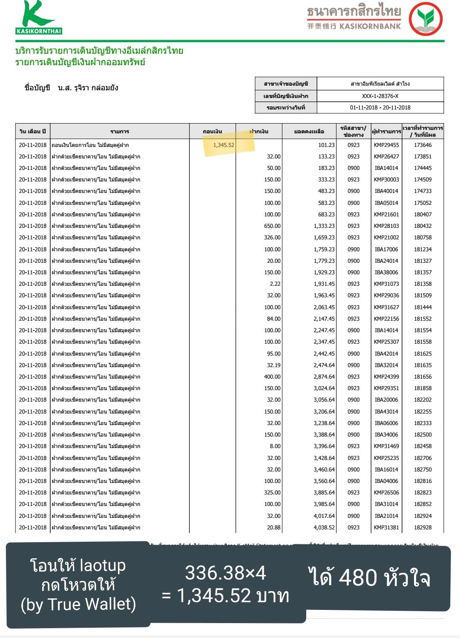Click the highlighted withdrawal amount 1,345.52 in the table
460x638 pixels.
coord(224,145)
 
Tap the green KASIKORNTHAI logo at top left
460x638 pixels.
coord(39,17)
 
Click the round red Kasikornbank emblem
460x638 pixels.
coord(425,19)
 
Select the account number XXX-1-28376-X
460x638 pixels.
coord(380,96)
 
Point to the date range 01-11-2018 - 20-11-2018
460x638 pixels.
coord(380,107)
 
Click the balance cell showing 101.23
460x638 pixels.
coord(326,145)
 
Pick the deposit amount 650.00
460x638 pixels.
coord(272,226)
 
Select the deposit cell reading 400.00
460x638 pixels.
coord(272,377)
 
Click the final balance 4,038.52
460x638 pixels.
coord(324,528)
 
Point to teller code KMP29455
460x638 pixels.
coord(386,145)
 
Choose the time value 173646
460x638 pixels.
coord(423,145)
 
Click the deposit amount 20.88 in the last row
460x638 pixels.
coord(273,528)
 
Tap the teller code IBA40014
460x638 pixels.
coord(386,191)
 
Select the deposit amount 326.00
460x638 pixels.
coord(272,238)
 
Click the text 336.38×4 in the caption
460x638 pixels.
coord(225,573)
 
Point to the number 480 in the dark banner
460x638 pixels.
coord(358,578)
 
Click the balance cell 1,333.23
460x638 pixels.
coord(324,226)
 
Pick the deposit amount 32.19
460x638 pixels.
coord(273,365)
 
